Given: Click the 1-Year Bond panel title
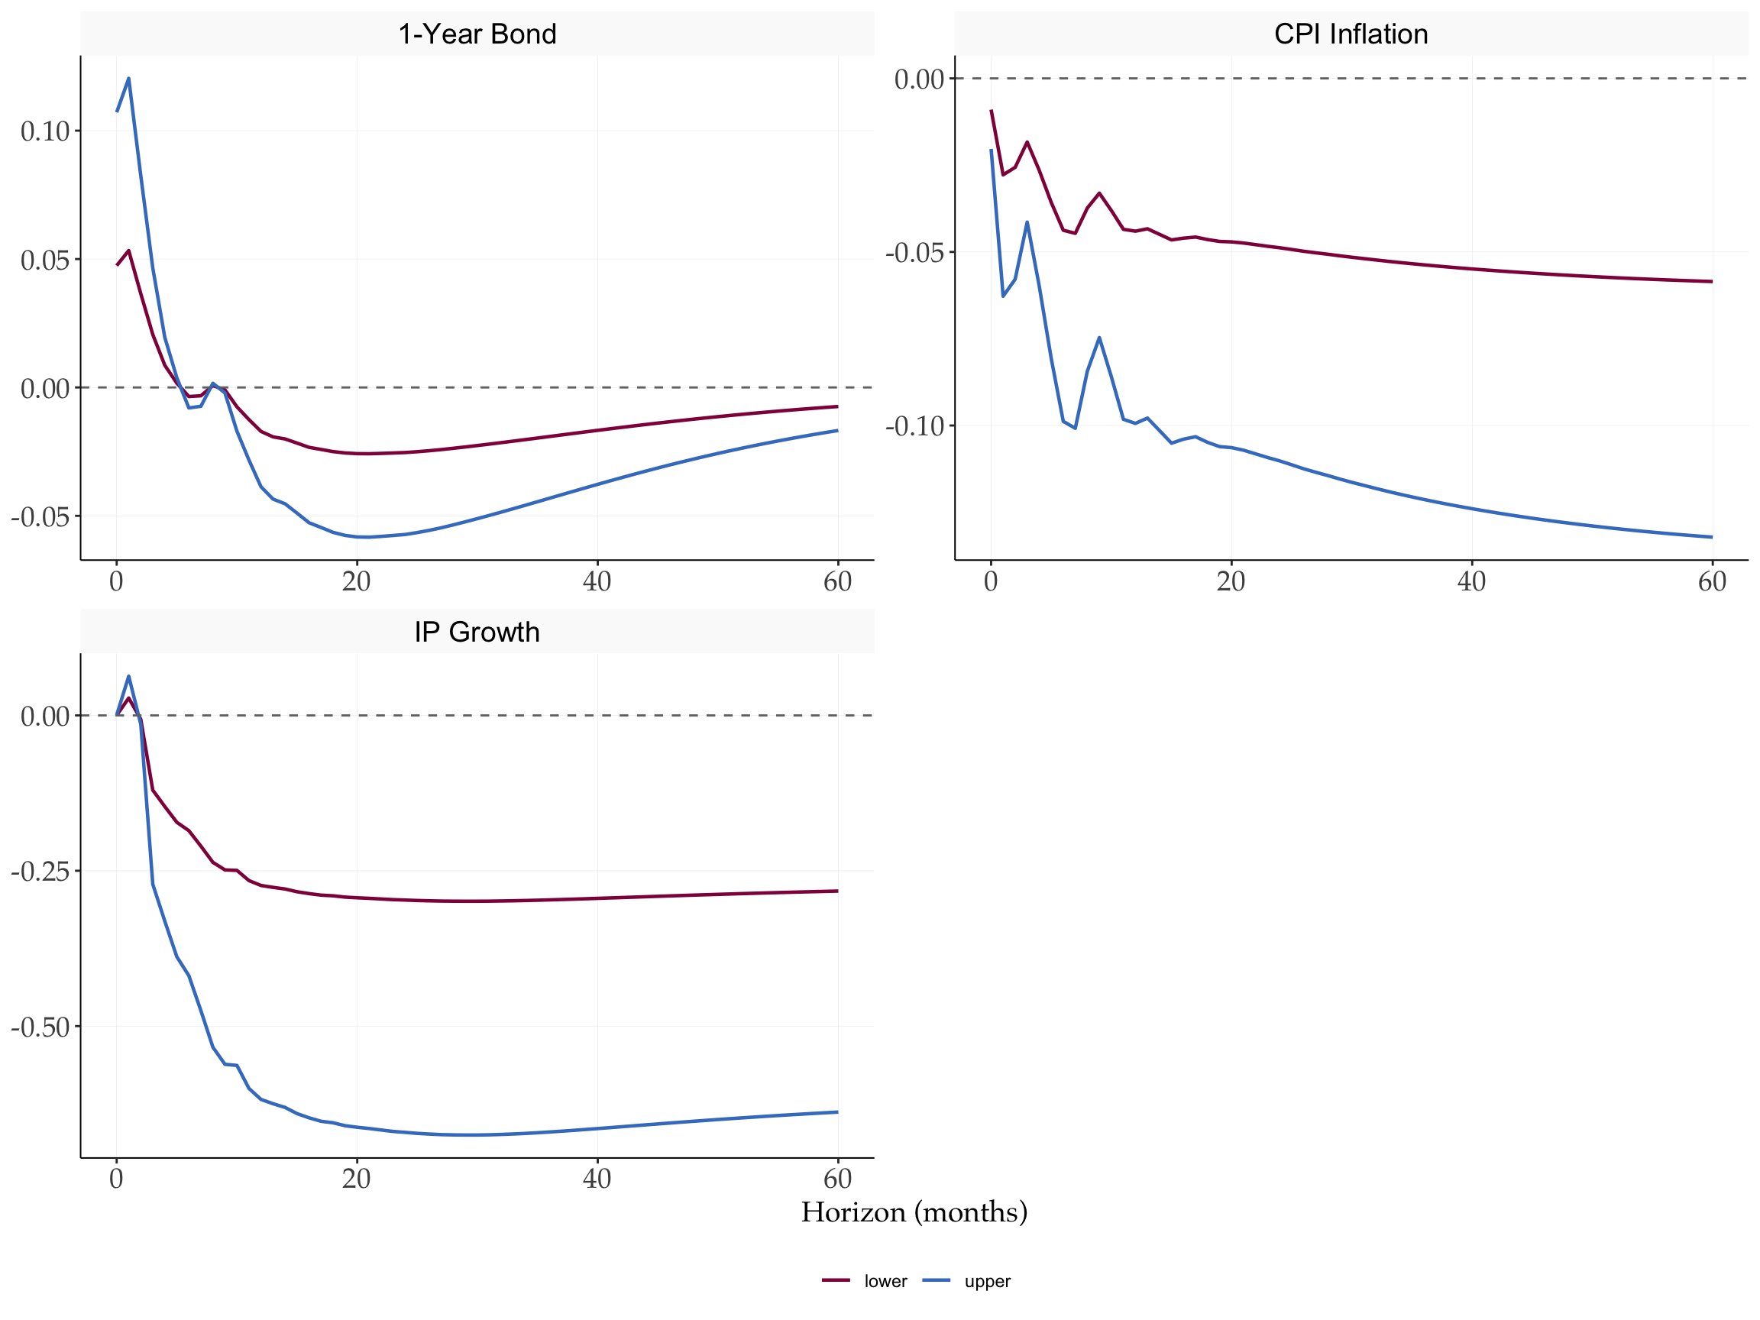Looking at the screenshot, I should click(x=477, y=34).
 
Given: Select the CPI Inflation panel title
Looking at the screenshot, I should click(x=1351, y=34).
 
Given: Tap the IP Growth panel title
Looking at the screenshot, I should click(x=477, y=632).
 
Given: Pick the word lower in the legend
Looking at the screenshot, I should click(x=885, y=1282).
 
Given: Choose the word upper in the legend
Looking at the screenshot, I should click(x=987, y=1282).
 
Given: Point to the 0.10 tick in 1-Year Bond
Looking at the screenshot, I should click(x=45, y=131).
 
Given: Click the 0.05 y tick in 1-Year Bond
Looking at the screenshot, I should click(x=45, y=260).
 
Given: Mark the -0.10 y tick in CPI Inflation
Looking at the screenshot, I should click(x=915, y=426).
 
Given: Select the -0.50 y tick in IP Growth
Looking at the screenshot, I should click(x=40, y=1027).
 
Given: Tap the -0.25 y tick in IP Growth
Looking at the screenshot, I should click(x=40, y=872).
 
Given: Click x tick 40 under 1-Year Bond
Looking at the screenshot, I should click(x=597, y=581).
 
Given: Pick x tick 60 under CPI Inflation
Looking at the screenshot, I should click(x=1711, y=581).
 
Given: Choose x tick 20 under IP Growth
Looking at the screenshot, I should click(x=357, y=1179).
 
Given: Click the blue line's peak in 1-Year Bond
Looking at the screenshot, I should click(x=129, y=78).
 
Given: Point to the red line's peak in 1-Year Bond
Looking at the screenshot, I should click(x=129, y=251).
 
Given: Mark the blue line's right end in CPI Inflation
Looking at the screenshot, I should click(x=1711, y=537).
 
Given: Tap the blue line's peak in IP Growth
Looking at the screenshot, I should click(x=129, y=676).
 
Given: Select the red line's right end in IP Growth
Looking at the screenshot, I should click(x=837, y=891).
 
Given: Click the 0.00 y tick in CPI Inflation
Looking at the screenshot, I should click(x=919, y=79).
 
